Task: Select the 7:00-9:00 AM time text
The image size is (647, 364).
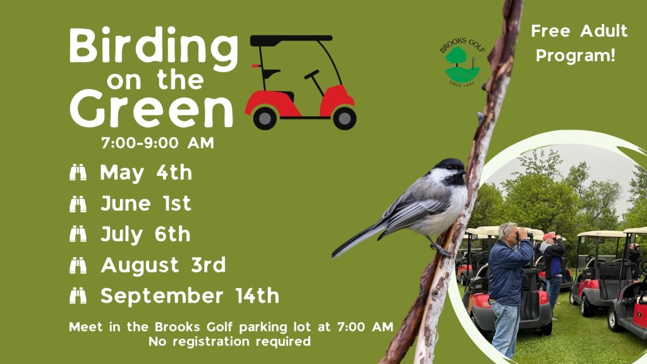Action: coord(158,143)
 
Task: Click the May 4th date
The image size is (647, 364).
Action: coord(146,173)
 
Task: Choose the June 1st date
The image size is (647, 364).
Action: coord(146,203)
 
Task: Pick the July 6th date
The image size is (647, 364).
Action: coord(145,234)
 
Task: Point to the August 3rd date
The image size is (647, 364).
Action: coord(163,265)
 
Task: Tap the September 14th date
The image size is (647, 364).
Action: coord(190,296)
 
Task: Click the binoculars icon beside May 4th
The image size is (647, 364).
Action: coord(78,173)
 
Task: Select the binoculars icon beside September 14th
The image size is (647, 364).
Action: coord(78,296)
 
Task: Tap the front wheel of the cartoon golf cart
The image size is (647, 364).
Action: coord(344,118)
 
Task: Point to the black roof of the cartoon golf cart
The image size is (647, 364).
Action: coord(291,39)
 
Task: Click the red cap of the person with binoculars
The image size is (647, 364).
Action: coord(549,236)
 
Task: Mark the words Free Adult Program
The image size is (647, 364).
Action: coord(579,43)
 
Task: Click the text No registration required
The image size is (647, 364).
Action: coord(230,342)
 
